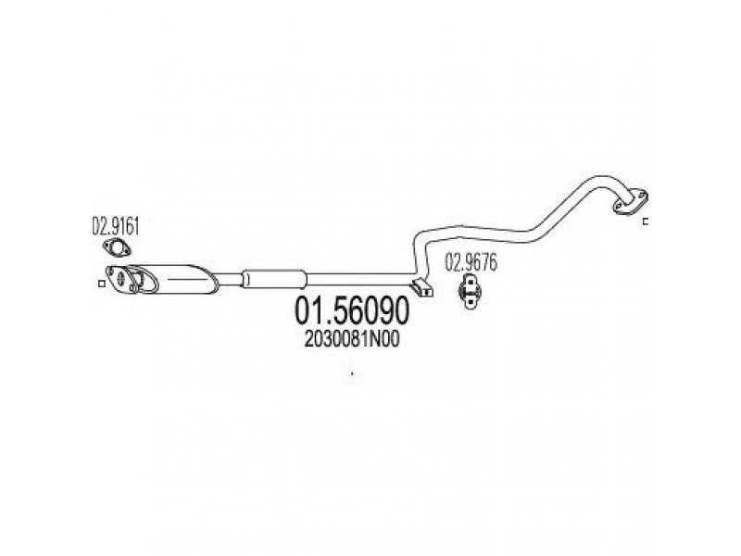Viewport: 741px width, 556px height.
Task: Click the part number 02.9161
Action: click(x=116, y=226)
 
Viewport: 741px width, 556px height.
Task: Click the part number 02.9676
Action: click(x=471, y=263)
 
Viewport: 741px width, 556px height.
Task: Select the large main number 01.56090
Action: click(x=352, y=310)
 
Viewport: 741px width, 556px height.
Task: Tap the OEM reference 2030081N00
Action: click(x=352, y=339)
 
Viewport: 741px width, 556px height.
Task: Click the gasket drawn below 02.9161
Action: click(x=117, y=248)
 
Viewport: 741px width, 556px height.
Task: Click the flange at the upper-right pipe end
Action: click(x=631, y=202)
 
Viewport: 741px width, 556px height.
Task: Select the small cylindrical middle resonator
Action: click(x=274, y=279)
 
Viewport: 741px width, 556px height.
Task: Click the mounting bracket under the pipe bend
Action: click(x=421, y=287)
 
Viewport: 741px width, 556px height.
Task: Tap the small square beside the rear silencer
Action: click(x=101, y=284)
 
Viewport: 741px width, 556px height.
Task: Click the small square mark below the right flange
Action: click(x=646, y=221)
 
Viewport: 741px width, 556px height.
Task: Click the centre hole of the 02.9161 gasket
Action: click(x=117, y=248)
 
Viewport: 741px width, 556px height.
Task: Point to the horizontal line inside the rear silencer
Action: click(x=186, y=279)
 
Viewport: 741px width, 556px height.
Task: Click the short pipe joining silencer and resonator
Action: click(x=230, y=279)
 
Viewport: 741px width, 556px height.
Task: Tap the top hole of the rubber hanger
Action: click(x=470, y=280)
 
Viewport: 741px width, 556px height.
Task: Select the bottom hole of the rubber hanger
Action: click(x=470, y=300)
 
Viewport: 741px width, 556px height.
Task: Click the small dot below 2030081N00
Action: click(x=352, y=374)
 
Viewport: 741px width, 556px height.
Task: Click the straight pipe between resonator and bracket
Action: click(x=360, y=279)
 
